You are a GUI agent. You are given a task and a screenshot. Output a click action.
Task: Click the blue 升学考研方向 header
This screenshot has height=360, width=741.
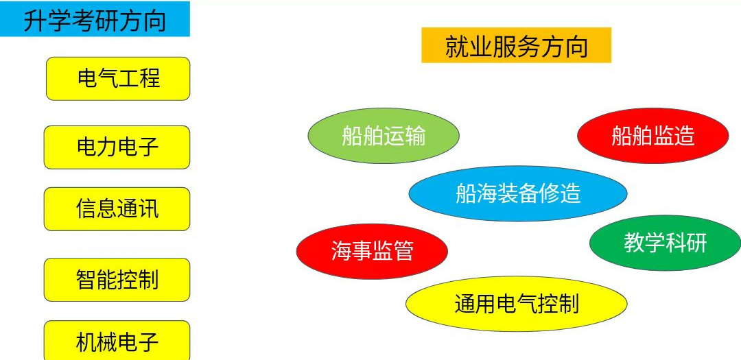pos(95,19)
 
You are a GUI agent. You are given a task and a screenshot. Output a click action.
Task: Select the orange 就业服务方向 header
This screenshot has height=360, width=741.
pos(516,45)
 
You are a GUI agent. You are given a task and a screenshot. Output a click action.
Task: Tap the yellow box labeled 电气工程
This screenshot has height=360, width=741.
pos(118,78)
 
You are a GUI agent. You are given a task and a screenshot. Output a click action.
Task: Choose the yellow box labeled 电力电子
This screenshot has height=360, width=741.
pos(117,147)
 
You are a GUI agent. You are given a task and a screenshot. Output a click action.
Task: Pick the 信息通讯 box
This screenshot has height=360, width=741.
pos(117,209)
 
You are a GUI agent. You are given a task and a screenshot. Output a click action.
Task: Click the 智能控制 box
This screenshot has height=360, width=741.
pos(117,280)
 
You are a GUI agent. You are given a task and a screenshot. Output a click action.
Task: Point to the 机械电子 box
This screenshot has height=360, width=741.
pos(117,341)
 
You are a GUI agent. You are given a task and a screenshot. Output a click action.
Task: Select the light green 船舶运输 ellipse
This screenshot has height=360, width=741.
pos(384,136)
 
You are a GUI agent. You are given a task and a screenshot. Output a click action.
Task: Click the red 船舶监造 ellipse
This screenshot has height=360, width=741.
pos(652,136)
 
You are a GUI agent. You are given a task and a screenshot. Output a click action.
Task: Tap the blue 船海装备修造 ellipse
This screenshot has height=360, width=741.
pos(518,193)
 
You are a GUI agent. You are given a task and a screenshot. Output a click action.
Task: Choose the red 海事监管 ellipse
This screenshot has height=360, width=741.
pos(372,251)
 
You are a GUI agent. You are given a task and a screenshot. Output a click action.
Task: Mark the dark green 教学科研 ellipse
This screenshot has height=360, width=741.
pos(665,243)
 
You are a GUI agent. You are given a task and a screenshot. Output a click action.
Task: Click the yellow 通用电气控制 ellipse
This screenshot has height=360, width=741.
pos(517,304)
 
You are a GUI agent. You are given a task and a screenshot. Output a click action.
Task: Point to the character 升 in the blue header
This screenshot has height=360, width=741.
pos(34,21)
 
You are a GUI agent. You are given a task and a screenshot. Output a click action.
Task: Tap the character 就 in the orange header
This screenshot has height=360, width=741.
pos(456,47)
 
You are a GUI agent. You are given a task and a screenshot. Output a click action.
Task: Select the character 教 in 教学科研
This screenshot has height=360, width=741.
pos(634,243)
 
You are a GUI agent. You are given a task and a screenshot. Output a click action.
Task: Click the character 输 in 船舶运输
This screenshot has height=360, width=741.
pos(415,136)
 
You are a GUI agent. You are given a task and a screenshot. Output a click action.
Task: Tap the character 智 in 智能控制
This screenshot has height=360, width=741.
pos(86,280)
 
